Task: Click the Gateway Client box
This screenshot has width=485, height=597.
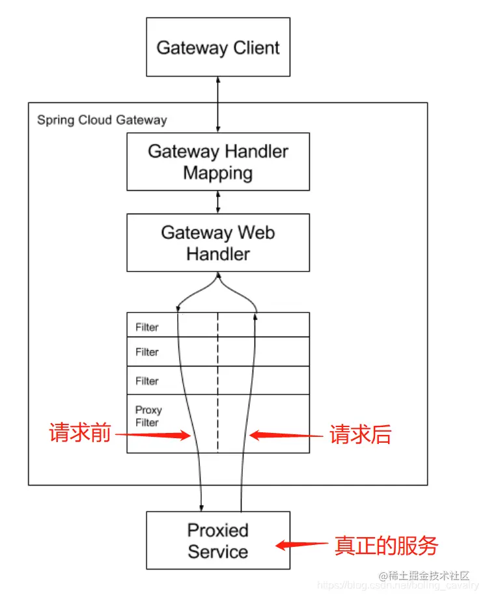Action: coord(218,47)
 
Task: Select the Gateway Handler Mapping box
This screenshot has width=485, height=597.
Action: coord(218,161)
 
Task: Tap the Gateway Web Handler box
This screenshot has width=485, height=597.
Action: coord(218,243)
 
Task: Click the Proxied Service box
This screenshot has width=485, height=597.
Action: coord(218,540)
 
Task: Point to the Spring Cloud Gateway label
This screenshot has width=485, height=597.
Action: coord(102,120)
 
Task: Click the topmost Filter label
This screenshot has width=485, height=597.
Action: coord(146,327)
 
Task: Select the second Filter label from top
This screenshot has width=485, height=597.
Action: coord(146,352)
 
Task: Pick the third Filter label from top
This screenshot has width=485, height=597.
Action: coord(146,381)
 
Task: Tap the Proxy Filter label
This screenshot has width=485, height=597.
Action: coord(148,416)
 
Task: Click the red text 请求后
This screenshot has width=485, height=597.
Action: coord(360,435)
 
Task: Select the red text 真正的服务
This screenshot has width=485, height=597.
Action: coord(386,546)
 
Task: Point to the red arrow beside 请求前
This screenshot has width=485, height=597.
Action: coord(153,436)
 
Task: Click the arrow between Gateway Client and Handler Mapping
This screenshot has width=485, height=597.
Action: coord(218,104)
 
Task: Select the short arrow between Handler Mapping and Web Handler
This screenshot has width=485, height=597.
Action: coord(218,202)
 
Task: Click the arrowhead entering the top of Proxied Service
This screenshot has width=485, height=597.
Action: coord(202,506)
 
